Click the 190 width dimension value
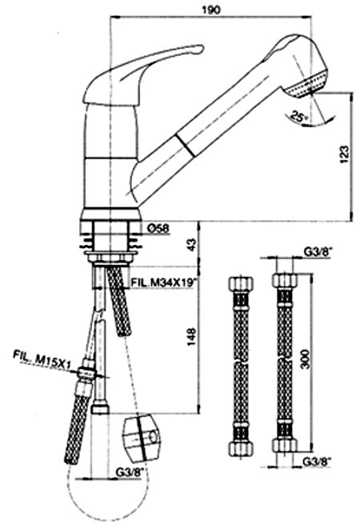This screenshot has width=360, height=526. click(211, 10)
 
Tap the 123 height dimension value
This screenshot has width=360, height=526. click(344, 155)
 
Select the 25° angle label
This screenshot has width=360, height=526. click(299, 117)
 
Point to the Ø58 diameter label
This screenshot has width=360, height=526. click(158, 228)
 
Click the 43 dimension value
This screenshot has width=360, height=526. click(190, 244)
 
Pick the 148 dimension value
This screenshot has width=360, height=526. click(190, 336)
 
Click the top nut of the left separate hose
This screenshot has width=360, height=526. click(241, 283)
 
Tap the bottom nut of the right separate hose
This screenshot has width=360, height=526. click(285, 446)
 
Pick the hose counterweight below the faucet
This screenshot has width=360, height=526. click(142, 436)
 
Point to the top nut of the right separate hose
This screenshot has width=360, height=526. click(285, 280)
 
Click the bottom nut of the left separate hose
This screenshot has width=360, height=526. click(241, 448)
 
